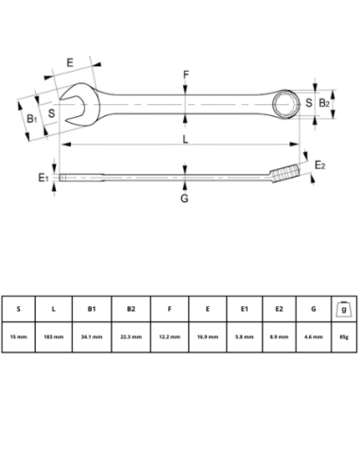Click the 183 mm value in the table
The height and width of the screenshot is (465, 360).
tap(54, 336)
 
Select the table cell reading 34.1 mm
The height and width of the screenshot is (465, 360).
tap(92, 336)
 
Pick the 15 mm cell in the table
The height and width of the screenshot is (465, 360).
tap(18, 336)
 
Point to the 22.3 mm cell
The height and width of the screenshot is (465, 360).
tap(130, 336)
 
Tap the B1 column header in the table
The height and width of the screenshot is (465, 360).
tap(92, 308)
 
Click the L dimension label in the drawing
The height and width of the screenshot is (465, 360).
tap(185, 139)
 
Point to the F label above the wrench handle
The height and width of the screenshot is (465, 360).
tap(186, 74)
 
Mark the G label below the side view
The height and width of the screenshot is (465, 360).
tap(185, 198)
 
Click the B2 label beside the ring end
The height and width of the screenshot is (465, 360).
tap(322, 102)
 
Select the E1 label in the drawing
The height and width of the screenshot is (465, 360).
tap(43, 176)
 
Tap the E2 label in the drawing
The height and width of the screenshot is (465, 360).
tap(320, 166)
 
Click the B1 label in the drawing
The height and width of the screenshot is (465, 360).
tap(31, 118)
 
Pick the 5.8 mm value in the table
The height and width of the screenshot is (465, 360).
tap(244, 336)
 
